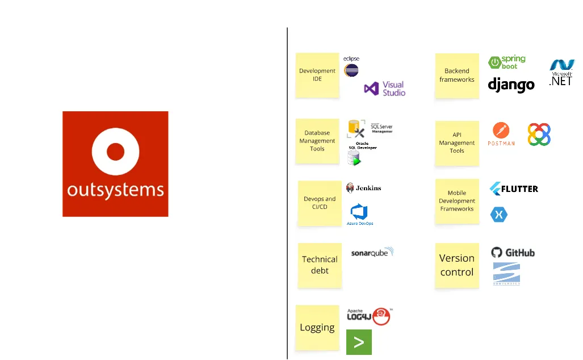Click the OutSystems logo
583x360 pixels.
click(x=115, y=164)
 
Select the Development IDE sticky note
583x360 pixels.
click(x=317, y=75)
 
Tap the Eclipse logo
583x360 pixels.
click(x=351, y=67)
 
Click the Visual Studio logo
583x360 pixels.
click(x=385, y=89)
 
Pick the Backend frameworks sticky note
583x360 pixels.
click(x=457, y=76)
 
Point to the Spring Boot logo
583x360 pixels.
click(x=507, y=62)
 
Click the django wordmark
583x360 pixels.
click(x=511, y=85)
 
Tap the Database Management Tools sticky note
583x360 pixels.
click(x=317, y=141)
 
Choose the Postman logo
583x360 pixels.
click(x=501, y=135)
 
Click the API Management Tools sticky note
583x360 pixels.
click(x=457, y=143)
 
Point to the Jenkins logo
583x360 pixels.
click(x=364, y=188)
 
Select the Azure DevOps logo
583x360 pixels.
click(x=360, y=215)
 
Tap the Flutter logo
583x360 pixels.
click(x=514, y=188)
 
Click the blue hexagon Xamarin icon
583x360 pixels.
click(x=499, y=214)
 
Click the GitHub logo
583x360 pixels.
click(x=513, y=253)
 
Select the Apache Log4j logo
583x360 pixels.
click(x=369, y=316)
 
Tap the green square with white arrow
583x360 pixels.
click(x=359, y=342)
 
